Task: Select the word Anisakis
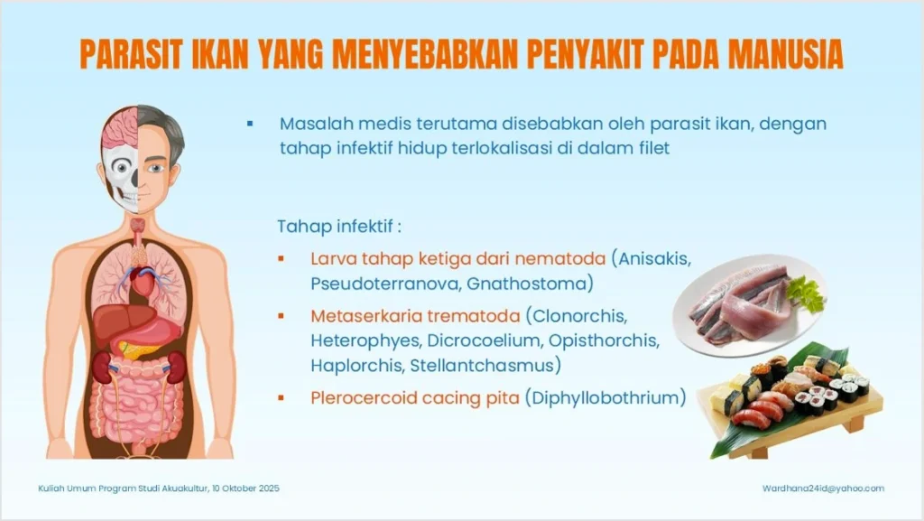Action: tap(653, 259)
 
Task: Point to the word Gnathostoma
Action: tap(527, 284)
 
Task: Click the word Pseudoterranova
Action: tap(386, 284)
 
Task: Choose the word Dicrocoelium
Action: tap(484, 340)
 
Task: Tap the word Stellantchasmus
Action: tap(483, 366)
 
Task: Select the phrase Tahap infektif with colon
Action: tap(339, 227)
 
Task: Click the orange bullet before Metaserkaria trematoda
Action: tap(282, 317)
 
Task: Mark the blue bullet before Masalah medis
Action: tap(250, 124)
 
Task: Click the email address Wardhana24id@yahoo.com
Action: tap(823, 488)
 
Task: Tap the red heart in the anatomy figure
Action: tap(142, 282)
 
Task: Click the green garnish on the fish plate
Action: tap(805, 293)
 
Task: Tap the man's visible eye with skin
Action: tap(155, 169)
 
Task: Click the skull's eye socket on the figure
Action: tap(122, 167)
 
